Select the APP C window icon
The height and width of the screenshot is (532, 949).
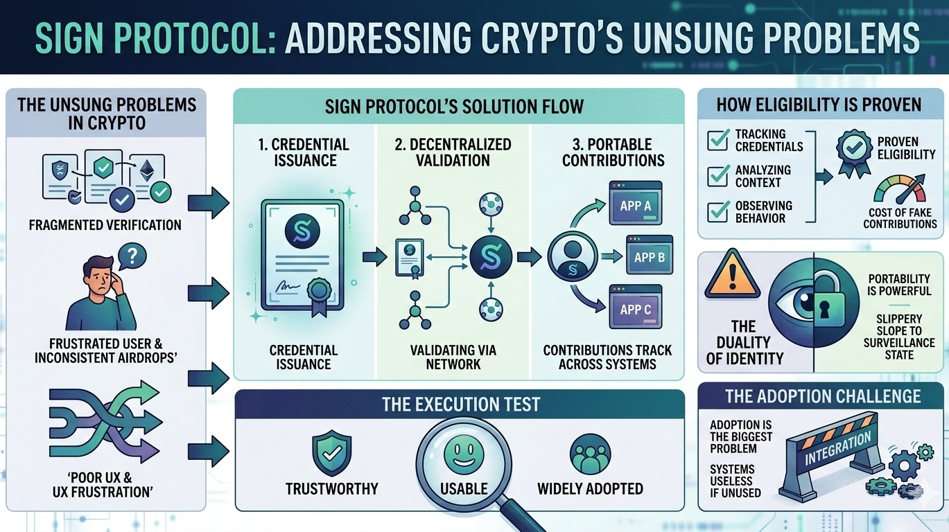(635, 308)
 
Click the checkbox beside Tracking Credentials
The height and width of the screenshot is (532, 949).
(717, 139)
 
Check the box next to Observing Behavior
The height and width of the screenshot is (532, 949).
(717, 211)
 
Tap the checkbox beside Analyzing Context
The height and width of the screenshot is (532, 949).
(717, 175)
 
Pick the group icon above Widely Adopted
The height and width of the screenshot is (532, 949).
(590, 454)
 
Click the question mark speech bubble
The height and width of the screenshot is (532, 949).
(133, 257)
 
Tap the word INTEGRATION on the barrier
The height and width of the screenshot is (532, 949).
(837, 450)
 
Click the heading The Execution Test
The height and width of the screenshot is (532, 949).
(460, 405)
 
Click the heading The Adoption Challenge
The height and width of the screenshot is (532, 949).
(823, 396)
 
